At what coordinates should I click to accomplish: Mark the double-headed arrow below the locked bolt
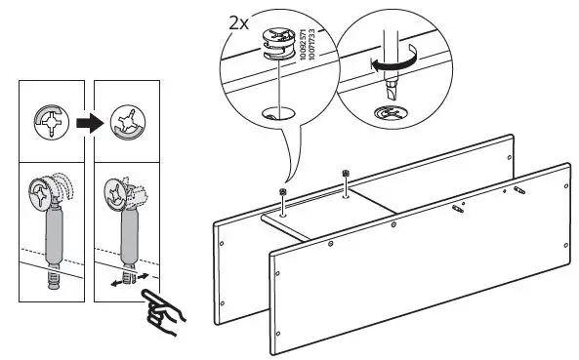pyautogui.click(x=123, y=279)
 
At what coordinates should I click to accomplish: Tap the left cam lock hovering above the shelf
pyautogui.click(x=282, y=191)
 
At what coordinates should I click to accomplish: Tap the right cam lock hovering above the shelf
pyautogui.click(x=347, y=174)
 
